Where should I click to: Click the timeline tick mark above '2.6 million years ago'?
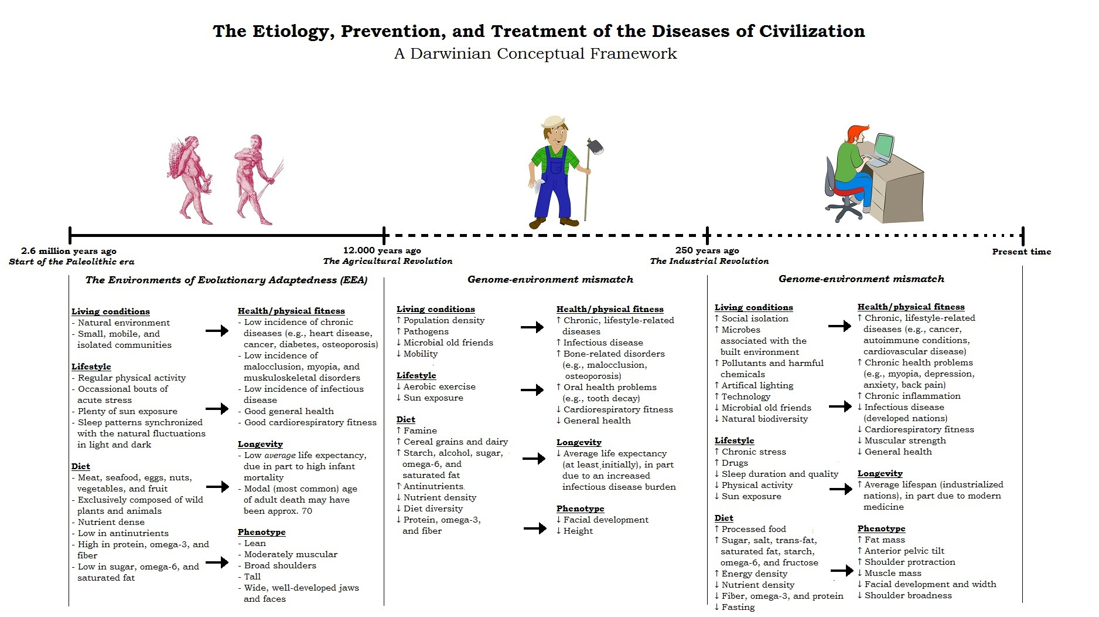[x=70, y=235]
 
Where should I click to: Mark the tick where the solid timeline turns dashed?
[x=384, y=235]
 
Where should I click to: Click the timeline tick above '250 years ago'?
[x=707, y=235]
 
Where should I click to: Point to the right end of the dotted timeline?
[x=1023, y=235]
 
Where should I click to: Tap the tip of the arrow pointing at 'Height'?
[x=547, y=528]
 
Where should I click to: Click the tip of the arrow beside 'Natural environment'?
[x=228, y=331]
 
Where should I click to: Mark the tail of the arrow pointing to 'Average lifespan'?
[x=830, y=489]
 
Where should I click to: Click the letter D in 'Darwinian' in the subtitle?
[x=417, y=54]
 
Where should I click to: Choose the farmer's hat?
[x=554, y=122]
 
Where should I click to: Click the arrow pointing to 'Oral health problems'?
[x=533, y=390]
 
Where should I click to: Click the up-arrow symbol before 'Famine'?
[x=399, y=430]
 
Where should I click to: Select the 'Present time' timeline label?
[x=1022, y=252]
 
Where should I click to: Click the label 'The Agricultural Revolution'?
[x=388, y=261]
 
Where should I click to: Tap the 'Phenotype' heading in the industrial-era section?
[x=881, y=528]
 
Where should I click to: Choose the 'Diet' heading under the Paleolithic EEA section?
[x=81, y=466]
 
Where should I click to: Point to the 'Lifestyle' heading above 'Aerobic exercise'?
[x=417, y=375]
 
